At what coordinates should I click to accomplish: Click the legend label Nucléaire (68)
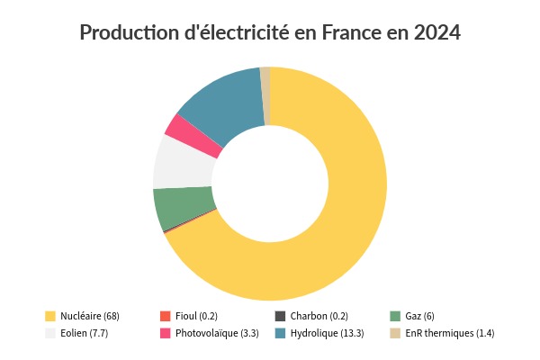pyautogui.click(x=89, y=316)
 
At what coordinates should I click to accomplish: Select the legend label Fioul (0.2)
pyautogui.click(x=196, y=316)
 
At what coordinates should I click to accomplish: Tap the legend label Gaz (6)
pyautogui.click(x=419, y=316)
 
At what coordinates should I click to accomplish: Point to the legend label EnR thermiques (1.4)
pyautogui.click(x=450, y=333)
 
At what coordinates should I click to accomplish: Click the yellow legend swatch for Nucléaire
pyautogui.click(x=50, y=316)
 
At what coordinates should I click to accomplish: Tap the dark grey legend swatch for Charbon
pyautogui.click(x=280, y=316)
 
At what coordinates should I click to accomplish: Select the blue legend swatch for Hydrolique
pyautogui.click(x=280, y=333)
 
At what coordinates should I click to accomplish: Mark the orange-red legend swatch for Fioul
pyautogui.click(x=165, y=316)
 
